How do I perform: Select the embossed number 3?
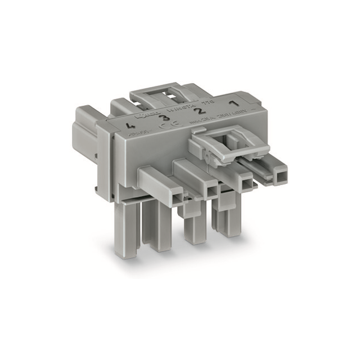pyautogui.click(x=164, y=118)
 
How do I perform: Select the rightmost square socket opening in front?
pyautogui.click(x=279, y=176)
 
